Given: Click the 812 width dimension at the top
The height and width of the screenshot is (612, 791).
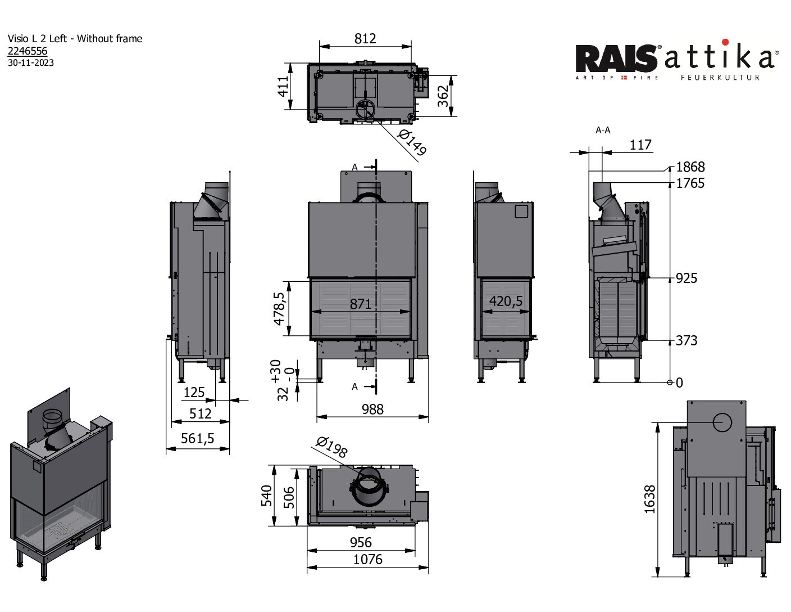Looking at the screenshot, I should (x=365, y=38).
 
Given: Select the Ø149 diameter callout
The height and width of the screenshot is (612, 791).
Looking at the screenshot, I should (x=412, y=142).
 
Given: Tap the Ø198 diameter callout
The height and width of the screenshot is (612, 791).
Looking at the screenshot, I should (x=332, y=447).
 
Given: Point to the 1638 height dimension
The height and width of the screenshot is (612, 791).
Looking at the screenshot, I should (x=649, y=499).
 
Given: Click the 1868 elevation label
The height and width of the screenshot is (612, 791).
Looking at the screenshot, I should (x=690, y=167).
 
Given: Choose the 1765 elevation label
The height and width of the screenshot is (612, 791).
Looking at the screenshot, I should (x=690, y=183).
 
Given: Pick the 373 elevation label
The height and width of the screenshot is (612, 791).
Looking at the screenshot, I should (x=687, y=340).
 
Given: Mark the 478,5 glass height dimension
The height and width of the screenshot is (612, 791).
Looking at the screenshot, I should (x=279, y=309).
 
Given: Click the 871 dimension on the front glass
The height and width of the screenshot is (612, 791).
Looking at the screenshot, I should (x=361, y=304).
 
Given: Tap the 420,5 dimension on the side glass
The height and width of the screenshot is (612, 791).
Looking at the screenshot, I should (x=506, y=301).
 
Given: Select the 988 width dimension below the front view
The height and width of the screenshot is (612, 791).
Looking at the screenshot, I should (x=372, y=409).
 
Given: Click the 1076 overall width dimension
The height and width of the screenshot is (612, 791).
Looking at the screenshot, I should (x=367, y=559).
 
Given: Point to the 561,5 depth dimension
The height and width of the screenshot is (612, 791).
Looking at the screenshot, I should (x=198, y=438).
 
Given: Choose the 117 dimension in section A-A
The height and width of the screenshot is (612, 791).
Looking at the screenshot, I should (x=640, y=145).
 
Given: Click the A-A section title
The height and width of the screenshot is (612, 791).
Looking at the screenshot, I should (x=603, y=130).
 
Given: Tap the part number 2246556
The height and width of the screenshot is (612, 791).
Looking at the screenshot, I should (x=28, y=51).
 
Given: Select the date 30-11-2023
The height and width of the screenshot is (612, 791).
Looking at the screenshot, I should (x=31, y=63).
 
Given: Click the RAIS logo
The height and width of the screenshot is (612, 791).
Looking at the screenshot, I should (x=617, y=58).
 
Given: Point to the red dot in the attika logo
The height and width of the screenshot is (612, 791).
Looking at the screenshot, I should (x=725, y=42).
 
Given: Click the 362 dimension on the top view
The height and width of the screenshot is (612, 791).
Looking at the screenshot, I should (x=443, y=96).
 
